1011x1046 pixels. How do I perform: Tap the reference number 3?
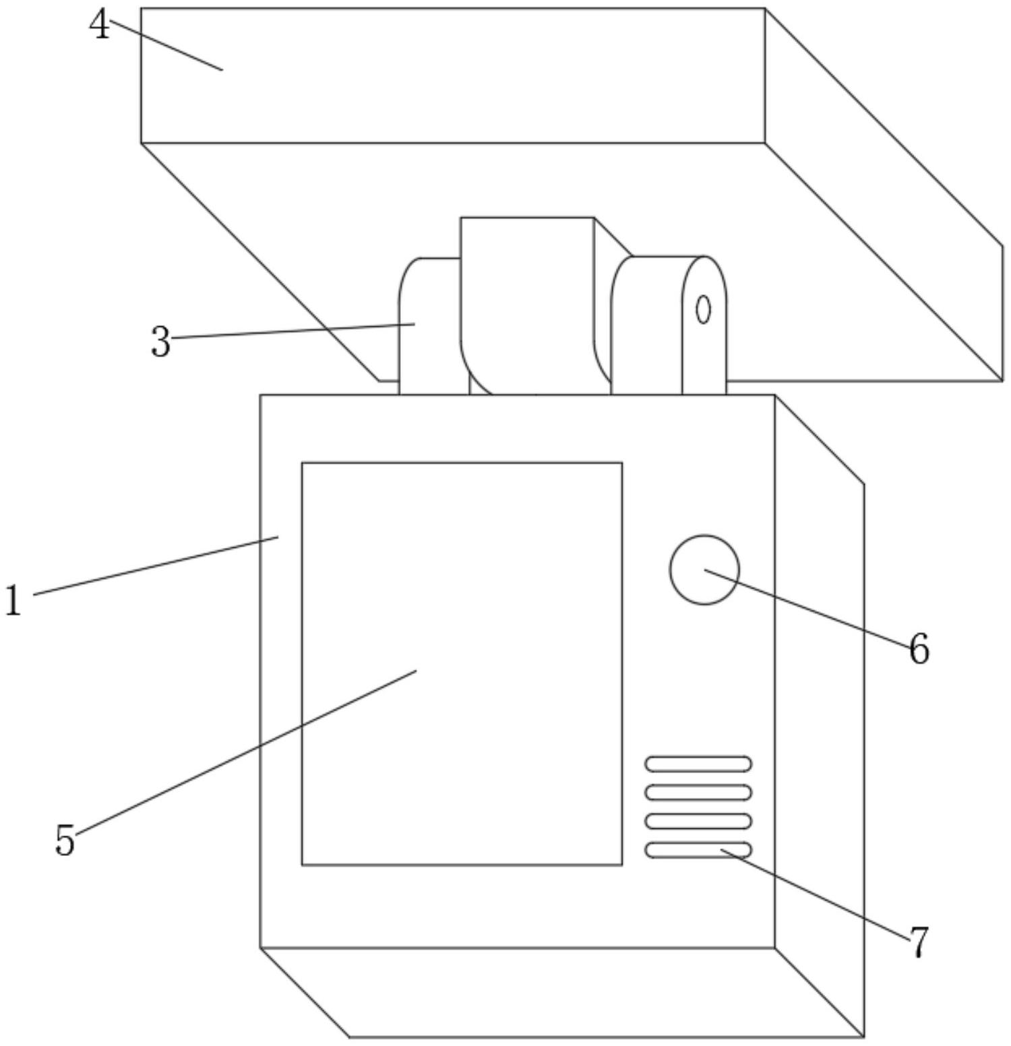(x=160, y=342)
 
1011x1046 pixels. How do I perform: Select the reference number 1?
(x=13, y=601)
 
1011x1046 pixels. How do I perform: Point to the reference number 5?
(x=65, y=840)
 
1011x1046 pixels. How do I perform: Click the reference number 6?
(x=919, y=650)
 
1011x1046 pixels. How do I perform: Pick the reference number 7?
(x=919, y=942)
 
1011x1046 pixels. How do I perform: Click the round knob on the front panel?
(x=704, y=570)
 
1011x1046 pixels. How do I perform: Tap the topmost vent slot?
(x=698, y=764)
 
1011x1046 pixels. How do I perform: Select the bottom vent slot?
(x=698, y=850)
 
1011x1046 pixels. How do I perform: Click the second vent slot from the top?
(x=698, y=793)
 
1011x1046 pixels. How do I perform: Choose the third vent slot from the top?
(x=698, y=821)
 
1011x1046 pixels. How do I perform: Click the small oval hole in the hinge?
(x=703, y=310)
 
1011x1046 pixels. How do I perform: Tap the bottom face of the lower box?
(x=559, y=991)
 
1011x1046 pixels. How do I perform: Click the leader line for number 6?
(x=809, y=609)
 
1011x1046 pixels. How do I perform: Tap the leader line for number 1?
(x=155, y=565)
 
